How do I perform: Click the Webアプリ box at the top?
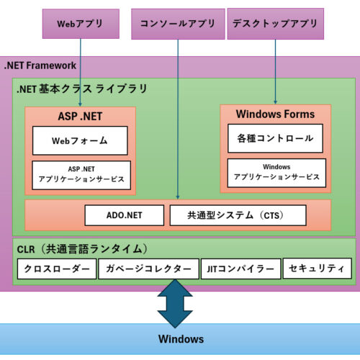(80, 23)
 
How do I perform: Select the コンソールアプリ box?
(178, 23)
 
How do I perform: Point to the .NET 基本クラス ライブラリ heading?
(82, 89)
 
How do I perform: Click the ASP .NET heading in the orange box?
(80, 116)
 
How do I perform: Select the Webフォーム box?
(80, 140)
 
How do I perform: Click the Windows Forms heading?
(275, 114)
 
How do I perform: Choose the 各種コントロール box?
(275, 138)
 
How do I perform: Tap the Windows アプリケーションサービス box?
(275, 172)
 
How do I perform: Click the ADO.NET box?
(124, 215)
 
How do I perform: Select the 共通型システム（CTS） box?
(238, 215)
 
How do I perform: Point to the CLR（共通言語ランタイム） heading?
(83, 248)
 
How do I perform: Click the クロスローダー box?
(56, 269)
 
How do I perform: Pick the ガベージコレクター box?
(148, 269)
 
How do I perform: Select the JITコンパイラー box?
(240, 269)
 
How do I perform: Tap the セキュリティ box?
(318, 269)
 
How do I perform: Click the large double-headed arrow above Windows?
(175, 303)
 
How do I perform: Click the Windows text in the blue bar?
(181, 339)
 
